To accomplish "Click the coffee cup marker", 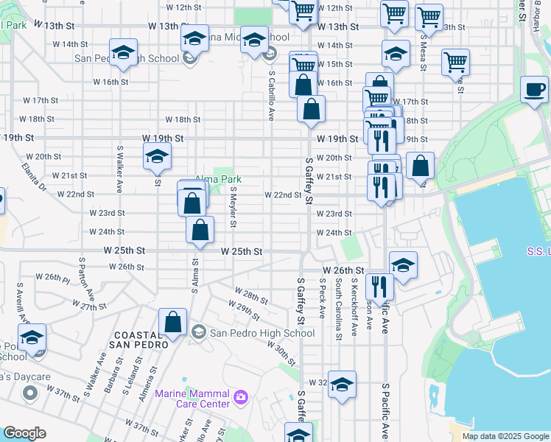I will pyautogui.click(x=534, y=90).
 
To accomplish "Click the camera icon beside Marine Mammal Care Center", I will pyautogui.click(x=239, y=399).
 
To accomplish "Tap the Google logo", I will pyautogui.click(x=24, y=433).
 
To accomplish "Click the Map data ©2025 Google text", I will pyautogui.click(x=505, y=436).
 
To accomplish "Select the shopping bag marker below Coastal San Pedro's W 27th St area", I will pyautogui.click(x=172, y=322).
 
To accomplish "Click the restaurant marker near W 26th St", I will pyautogui.click(x=379, y=287).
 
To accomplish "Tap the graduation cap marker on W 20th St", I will pyautogui.click(x=156, y=157).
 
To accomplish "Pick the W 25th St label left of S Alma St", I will pyautogui.click(x=122, y=250).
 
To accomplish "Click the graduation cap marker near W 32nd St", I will pyautogui.click(x=341, y=385).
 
